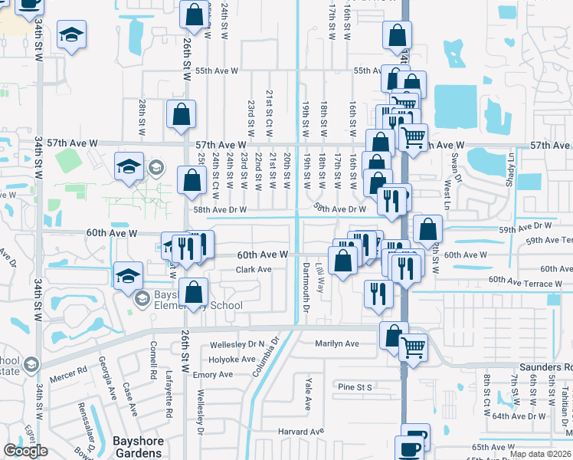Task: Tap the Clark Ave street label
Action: pos(254,270)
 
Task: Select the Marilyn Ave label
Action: pos(337,343)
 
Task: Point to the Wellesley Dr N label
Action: pos(240,343)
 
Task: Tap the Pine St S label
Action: pos(355,387)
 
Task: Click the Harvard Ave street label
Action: pos(303,431)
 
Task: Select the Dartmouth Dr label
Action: pos(305,287)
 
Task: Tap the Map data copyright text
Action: pos(540,454)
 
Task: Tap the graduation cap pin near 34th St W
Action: pos(71,35)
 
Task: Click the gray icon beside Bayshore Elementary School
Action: pos(141,299)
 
